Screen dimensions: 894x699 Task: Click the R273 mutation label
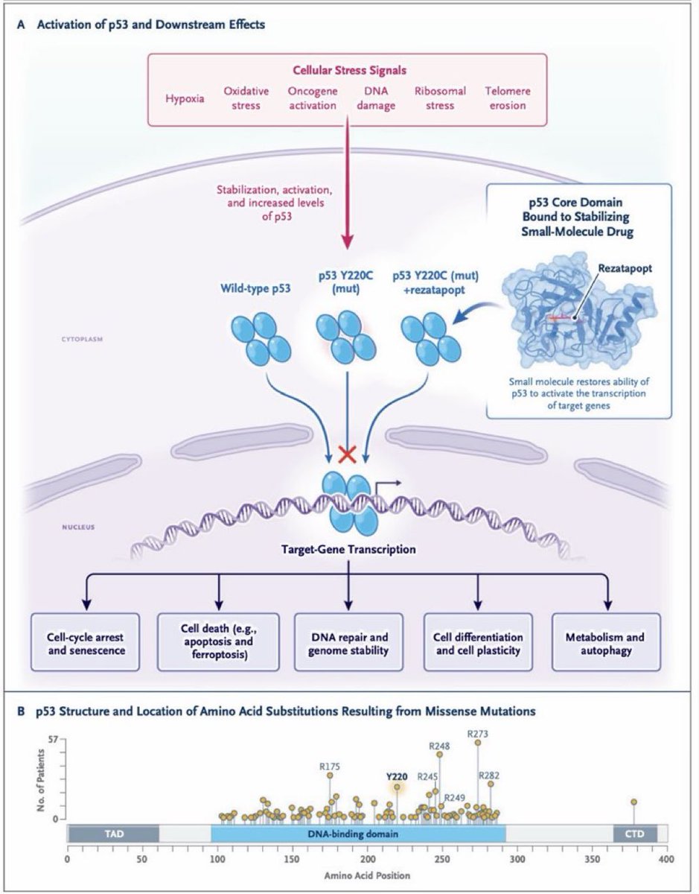point(478,735)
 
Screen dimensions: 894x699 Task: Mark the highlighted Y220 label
point(397,776)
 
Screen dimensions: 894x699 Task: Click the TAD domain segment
point(112,833)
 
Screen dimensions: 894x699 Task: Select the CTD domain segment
point(635,833)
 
